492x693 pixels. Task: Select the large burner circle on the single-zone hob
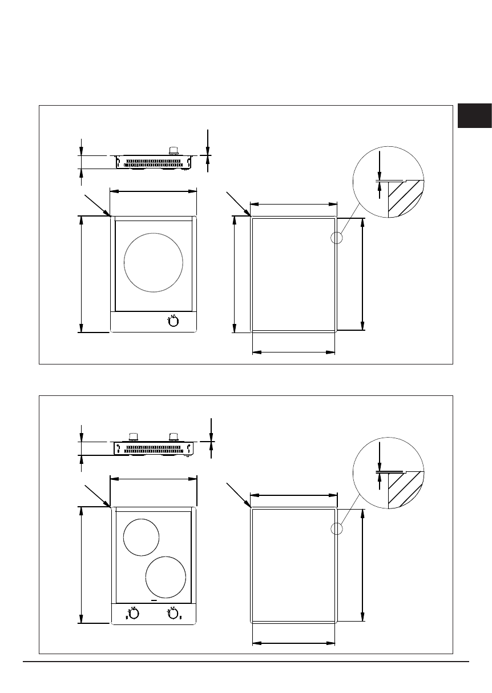(154, 261)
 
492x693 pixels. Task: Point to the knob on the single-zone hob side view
(173, 151)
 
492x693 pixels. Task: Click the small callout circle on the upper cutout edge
(337, 238)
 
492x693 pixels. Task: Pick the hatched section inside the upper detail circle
(404, 198)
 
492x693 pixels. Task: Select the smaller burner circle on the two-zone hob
(141, 537)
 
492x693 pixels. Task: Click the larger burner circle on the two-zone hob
(166, 576)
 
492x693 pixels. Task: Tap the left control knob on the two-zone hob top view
(132, 614)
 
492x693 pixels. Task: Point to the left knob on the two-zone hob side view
(133, 436)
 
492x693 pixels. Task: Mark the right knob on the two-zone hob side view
(173, 436)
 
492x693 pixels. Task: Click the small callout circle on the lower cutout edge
(337, 528)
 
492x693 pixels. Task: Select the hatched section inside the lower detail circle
(404, 489)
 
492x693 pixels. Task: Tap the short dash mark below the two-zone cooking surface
(153, 601)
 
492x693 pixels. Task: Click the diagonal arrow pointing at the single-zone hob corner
(96, 205)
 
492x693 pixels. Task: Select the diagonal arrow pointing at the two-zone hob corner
(96, 495)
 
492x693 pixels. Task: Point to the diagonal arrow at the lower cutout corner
(239, 495)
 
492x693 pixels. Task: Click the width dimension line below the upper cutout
(293, 352)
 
